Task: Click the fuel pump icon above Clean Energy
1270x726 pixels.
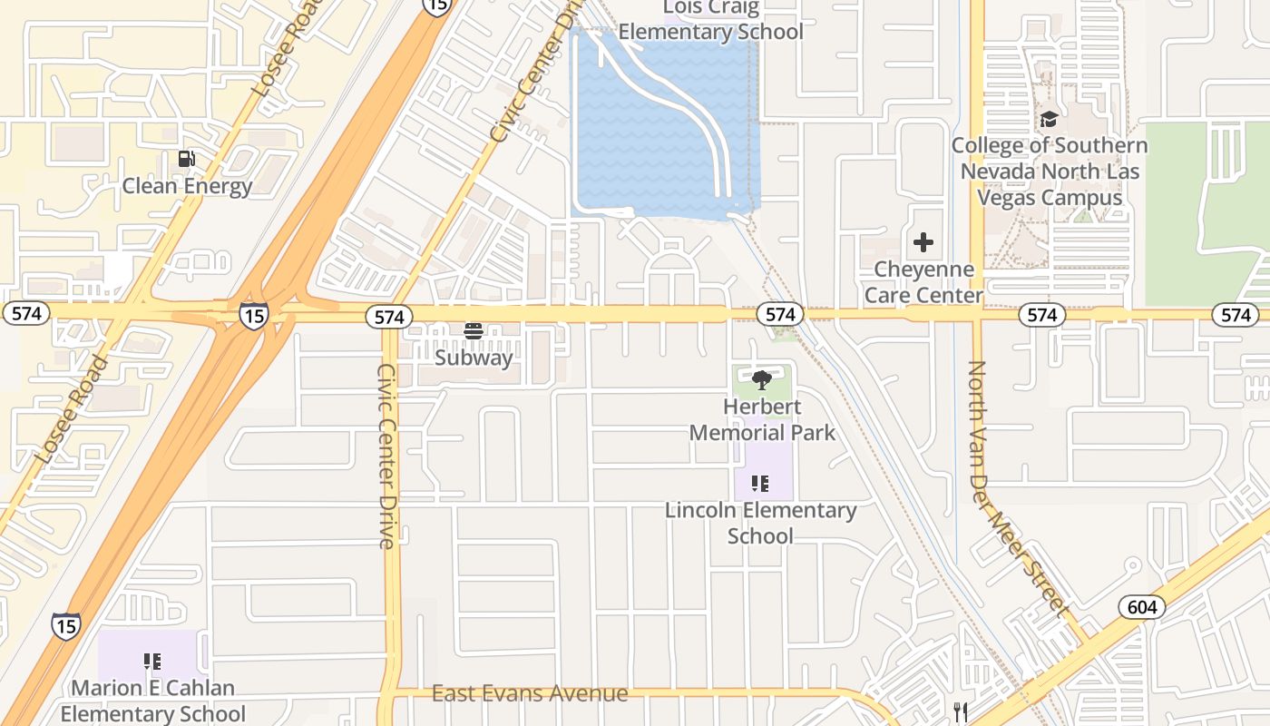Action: (186, 160)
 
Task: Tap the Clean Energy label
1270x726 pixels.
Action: (187, 186)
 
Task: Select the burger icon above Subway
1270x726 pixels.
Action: (473, 331)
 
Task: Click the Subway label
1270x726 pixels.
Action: (474, 357)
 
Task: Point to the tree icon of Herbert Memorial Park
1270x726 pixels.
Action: (762, 380)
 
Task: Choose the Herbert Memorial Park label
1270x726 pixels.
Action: (762, 418)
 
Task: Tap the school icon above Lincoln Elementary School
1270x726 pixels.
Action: (760, 484)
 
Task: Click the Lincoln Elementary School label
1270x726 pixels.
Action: (760, 523)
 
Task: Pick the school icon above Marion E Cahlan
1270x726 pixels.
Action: (151, 662)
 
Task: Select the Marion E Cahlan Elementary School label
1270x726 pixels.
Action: (152, 701)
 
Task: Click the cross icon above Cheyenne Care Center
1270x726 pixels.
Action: (923, 242)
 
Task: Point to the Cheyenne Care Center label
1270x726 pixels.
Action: (923, 282)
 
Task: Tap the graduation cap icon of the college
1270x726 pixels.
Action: (1049, 119)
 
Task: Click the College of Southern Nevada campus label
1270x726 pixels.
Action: (1049, 171)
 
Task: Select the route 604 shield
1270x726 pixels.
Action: (1141, 606)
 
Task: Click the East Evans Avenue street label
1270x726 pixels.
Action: (530, 694)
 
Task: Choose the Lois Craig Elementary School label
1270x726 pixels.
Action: (710, 22)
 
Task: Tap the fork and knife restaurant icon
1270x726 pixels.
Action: (960, 711)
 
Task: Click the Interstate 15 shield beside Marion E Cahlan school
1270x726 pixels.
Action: (65, 625)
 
